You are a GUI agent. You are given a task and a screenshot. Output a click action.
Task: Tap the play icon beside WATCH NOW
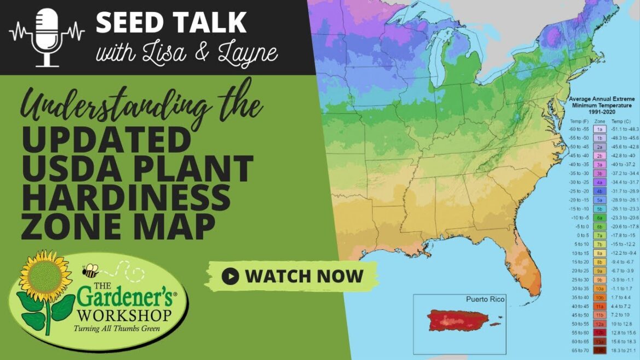pos(230,276)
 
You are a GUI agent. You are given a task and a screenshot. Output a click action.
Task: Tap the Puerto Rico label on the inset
pos(485,299)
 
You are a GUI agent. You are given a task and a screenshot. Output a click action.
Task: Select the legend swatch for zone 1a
pos(600,129)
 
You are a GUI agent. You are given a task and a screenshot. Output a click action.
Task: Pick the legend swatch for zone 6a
pos(600,217)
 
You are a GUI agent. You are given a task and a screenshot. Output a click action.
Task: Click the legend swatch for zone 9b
pos(600,279)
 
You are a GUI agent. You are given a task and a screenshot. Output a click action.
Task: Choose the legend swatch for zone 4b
pos(600,191)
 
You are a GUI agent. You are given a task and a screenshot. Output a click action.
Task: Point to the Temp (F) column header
pos(577,120)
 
